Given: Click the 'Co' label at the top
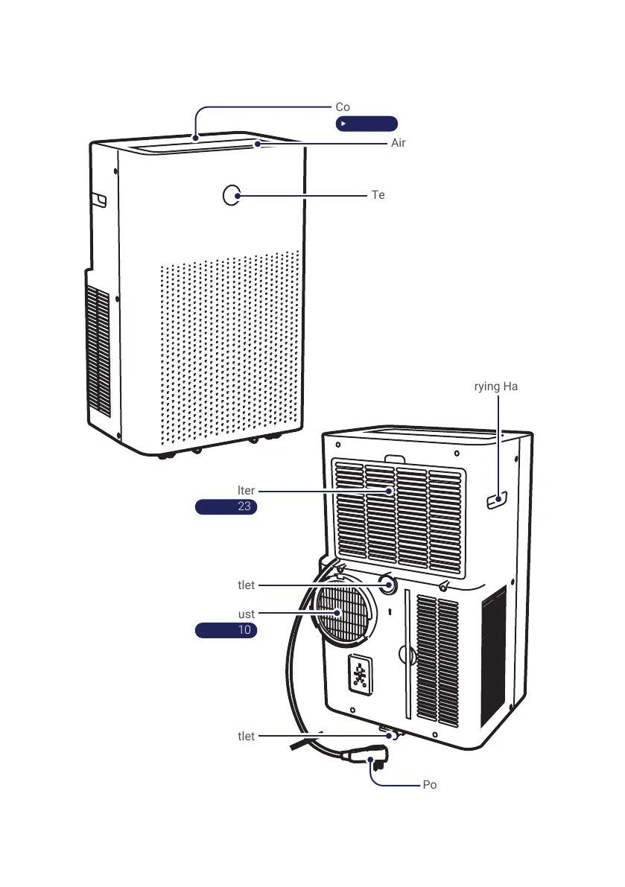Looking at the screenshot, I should pos(343,107).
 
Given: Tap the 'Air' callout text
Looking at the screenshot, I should pos(399,143).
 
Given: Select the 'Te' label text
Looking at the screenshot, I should pos(378,195).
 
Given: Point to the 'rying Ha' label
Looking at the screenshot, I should pos(496,386).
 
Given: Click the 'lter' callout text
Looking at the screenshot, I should pos(247,491).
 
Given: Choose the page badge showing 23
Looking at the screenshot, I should pos(226,507).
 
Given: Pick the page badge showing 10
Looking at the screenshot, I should pos(226,630).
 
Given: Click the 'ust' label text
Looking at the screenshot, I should pos(247,614).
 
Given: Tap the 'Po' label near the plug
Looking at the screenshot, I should pos(430,785).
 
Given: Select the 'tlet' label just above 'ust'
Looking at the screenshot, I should pos(247,585).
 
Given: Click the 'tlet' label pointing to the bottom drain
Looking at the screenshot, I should pos(247,736).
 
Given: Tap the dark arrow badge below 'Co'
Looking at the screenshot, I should pos(366,124).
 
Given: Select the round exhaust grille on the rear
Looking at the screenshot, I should pos(343,612).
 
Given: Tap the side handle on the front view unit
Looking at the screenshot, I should pos(99,200).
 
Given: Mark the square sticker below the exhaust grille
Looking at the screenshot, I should pos(361,675).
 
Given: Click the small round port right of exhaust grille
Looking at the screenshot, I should pos(387,584).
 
